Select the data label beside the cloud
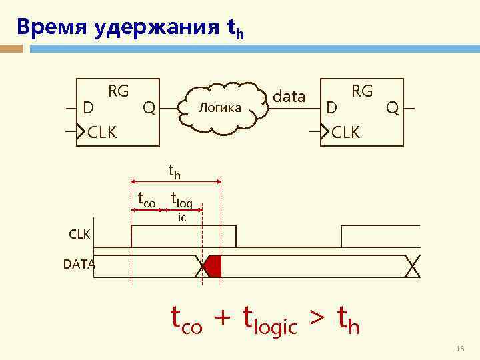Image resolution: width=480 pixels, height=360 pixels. [289, 97]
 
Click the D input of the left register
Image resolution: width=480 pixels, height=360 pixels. [87, 107]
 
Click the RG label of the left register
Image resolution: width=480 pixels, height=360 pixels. [119, 91]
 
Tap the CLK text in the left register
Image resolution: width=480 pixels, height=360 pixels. [102, 132]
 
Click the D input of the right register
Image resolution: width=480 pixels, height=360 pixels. [331, 107]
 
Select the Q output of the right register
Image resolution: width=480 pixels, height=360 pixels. [393, 107]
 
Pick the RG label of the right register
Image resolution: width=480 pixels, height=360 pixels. [362, 91]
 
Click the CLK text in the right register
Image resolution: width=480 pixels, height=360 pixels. [345, 132]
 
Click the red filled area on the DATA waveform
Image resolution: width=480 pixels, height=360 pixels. [213, 266]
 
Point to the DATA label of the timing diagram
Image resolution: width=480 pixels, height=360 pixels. [79, 265]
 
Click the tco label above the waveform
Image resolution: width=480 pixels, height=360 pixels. [146, 197]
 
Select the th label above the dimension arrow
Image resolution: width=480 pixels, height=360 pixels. [174, 173]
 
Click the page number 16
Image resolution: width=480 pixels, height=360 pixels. [459, 349]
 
